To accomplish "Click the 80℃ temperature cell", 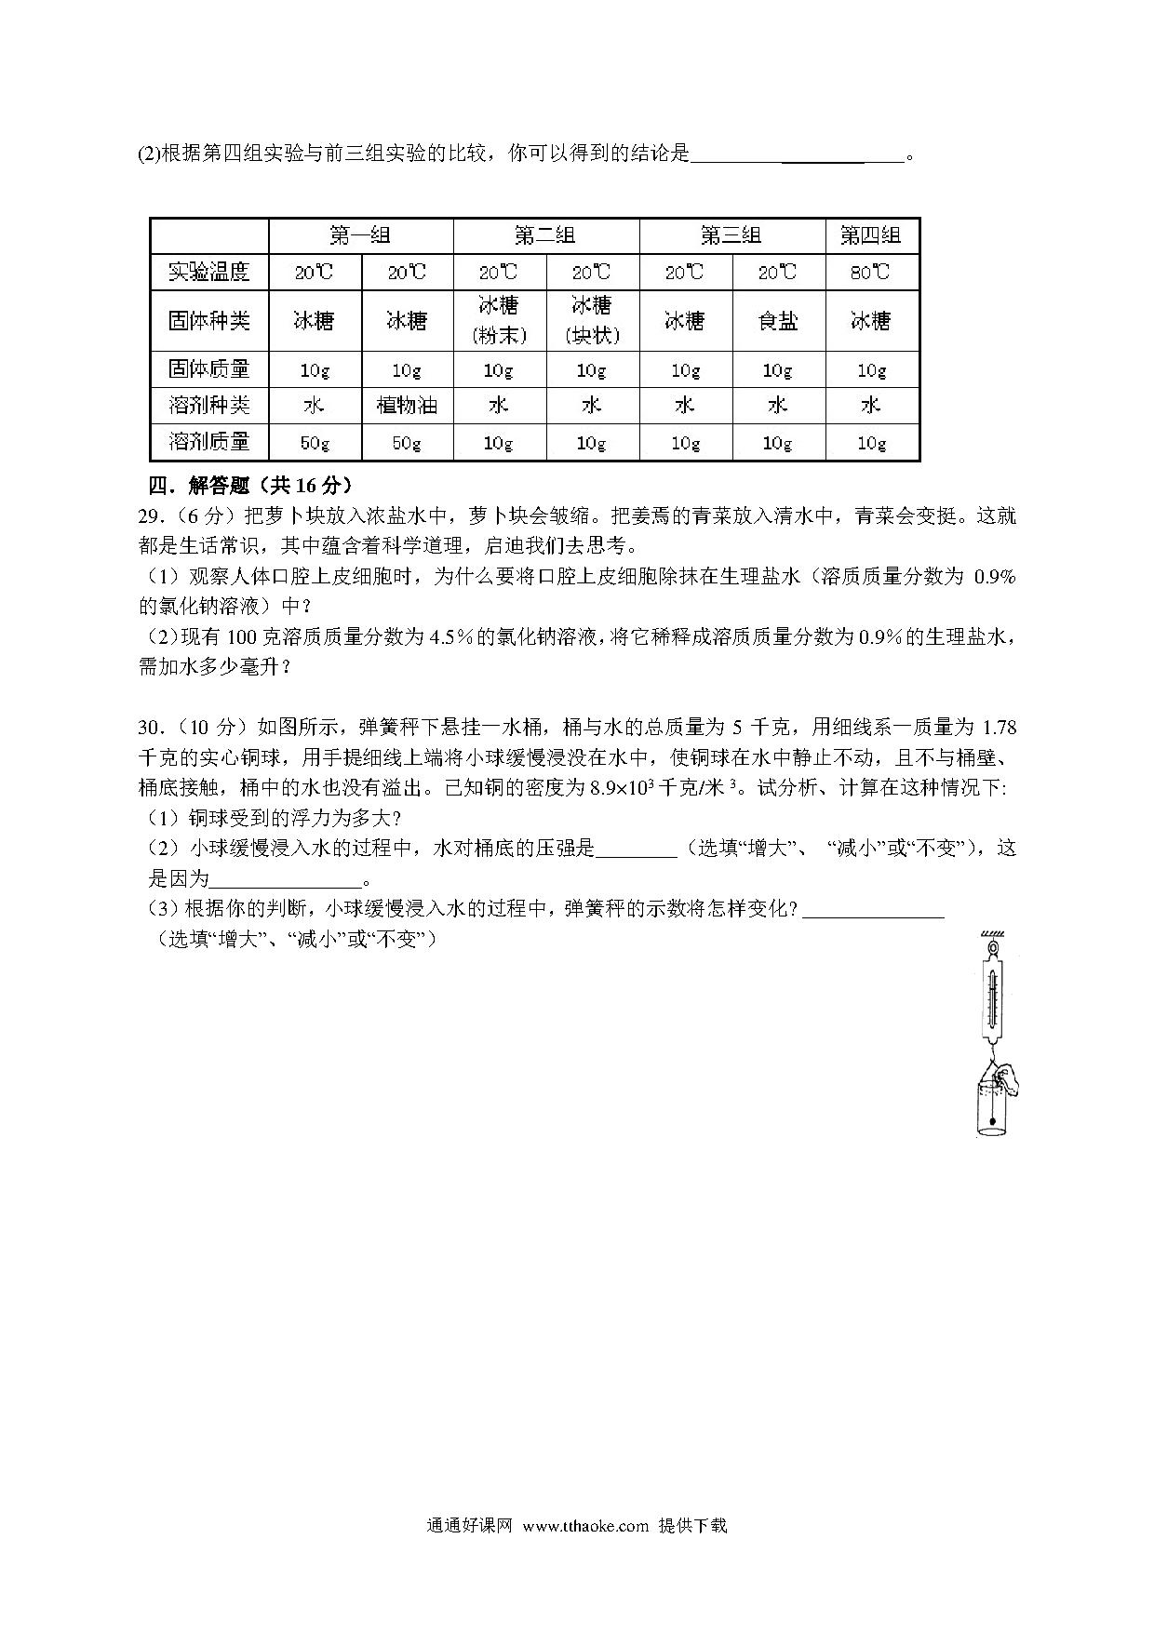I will point(871,272).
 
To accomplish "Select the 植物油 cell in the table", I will point(407,406).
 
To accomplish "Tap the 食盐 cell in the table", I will point(778,321).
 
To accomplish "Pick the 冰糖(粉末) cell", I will point(499,320).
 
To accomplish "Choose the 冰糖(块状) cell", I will point(592,320).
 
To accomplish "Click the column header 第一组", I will point(360,235).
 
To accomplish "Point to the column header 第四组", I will point(871,235).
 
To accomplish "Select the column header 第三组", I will point(731,235).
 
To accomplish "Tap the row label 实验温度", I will point(209,272).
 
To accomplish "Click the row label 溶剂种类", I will point(209,406).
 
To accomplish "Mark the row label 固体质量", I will point(209,369).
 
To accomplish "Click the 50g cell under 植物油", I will point(407,442).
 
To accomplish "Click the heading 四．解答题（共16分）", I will point(251,485).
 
